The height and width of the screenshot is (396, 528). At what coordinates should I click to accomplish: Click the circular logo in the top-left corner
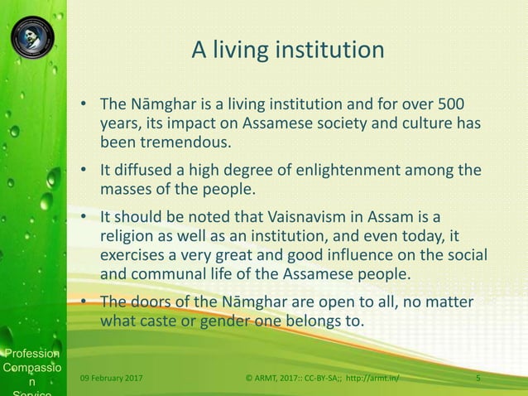[32, 36]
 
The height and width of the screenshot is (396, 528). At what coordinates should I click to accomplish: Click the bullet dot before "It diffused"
[84, 171]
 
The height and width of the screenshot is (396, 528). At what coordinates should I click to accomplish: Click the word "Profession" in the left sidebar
[31, 355]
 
